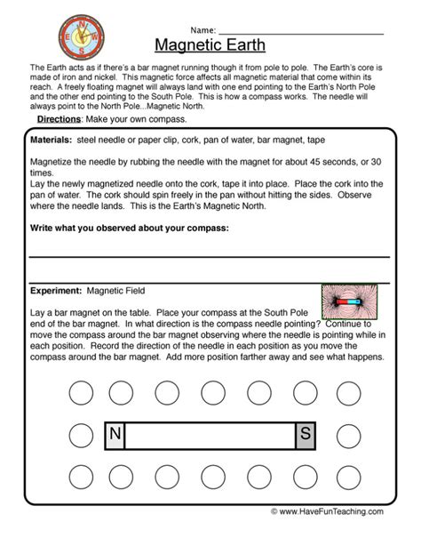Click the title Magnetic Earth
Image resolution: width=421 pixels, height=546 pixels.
coord(210,45)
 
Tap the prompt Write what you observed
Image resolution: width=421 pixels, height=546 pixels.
coord(129,229)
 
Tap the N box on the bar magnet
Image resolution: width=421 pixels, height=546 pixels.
coord(115,434)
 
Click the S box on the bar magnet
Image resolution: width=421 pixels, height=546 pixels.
coord(305,434)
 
